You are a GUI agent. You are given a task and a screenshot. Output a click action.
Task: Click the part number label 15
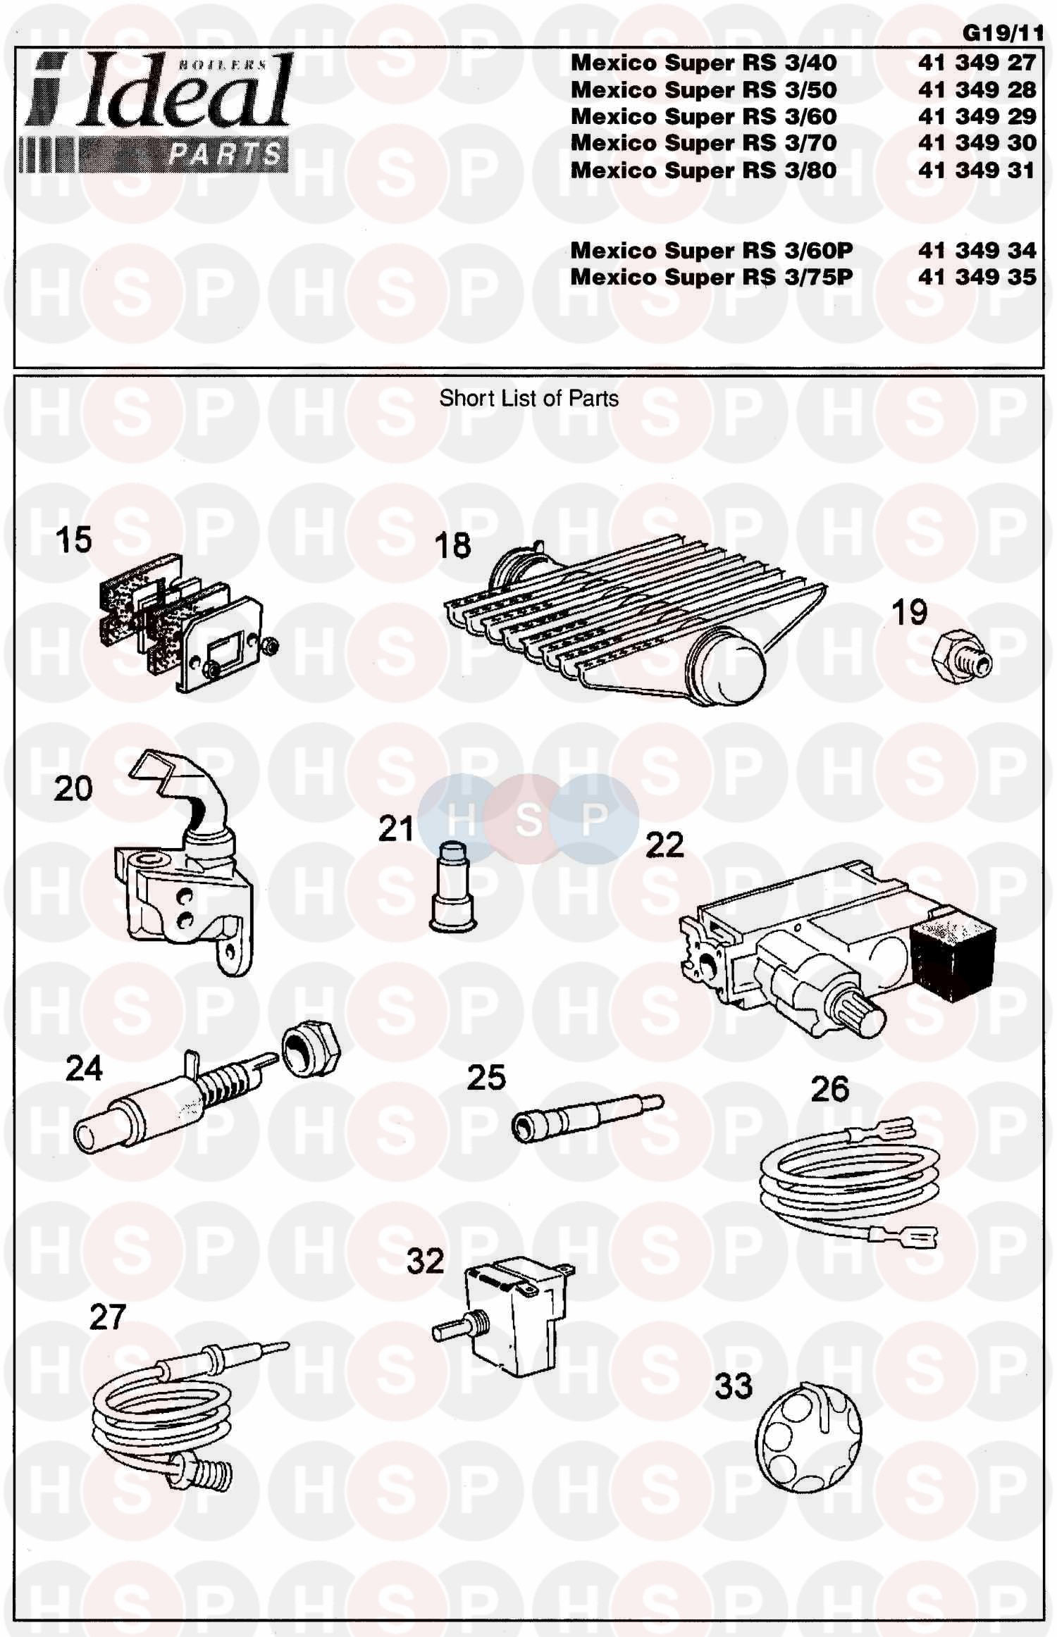pos(74,540)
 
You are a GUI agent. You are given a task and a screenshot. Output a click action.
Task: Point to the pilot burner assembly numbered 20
pos(183,862)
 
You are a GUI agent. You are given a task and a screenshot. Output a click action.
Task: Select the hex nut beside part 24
pos(311,1054)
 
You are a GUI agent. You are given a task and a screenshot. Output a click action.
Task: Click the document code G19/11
pos(1002,33)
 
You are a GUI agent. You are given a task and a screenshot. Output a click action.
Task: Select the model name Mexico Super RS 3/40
pos(703,63)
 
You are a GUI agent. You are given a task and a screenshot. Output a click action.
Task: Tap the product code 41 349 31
pos(977,170)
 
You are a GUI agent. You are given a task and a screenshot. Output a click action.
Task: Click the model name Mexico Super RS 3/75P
pos(711,277)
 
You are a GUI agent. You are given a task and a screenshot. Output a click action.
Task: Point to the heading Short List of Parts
pos(528,399)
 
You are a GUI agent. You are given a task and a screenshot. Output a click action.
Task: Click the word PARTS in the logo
pos(224,154)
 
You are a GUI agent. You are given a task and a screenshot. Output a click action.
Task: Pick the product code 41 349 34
pos(977,250)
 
